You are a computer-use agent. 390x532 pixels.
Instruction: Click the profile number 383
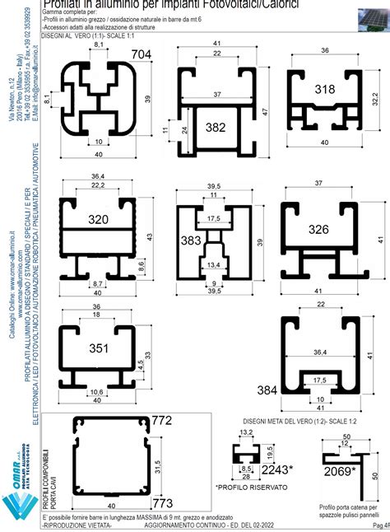[x=191, y=240]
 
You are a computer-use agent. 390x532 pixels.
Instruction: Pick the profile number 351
[x=98, y=348]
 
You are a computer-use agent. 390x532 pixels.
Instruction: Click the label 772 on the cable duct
[x=162, y=421]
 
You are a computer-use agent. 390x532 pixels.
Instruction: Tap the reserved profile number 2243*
[x=279, y=469]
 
